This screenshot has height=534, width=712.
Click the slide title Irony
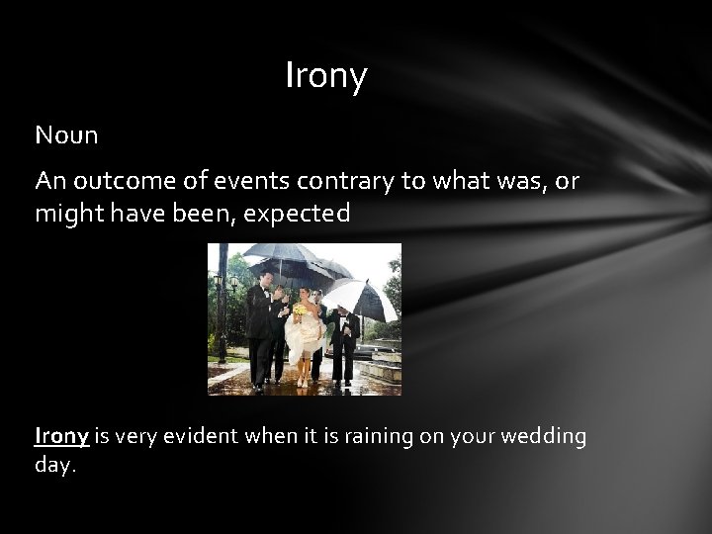(x=325, y=76)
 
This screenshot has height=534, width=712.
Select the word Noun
(x=66, y=135)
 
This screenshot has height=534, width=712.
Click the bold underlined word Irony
(x=61, y=436)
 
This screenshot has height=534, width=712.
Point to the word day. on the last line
(x=55, y=464)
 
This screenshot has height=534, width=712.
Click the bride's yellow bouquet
(x=300, y=310)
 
